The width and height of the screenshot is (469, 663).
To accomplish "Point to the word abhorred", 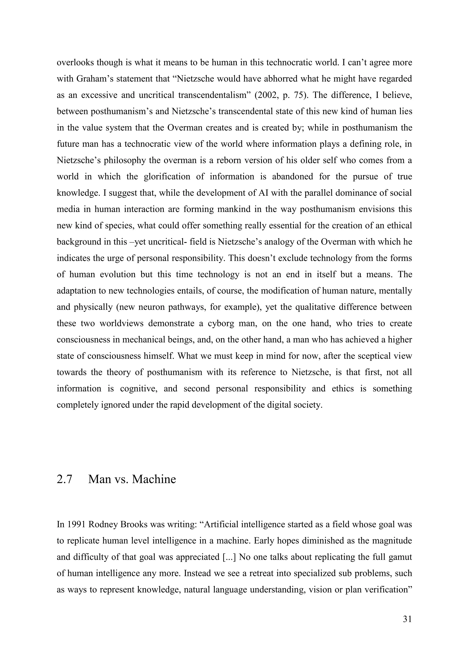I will click(292, 79).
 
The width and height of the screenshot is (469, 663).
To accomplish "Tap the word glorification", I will click(167, 177).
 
